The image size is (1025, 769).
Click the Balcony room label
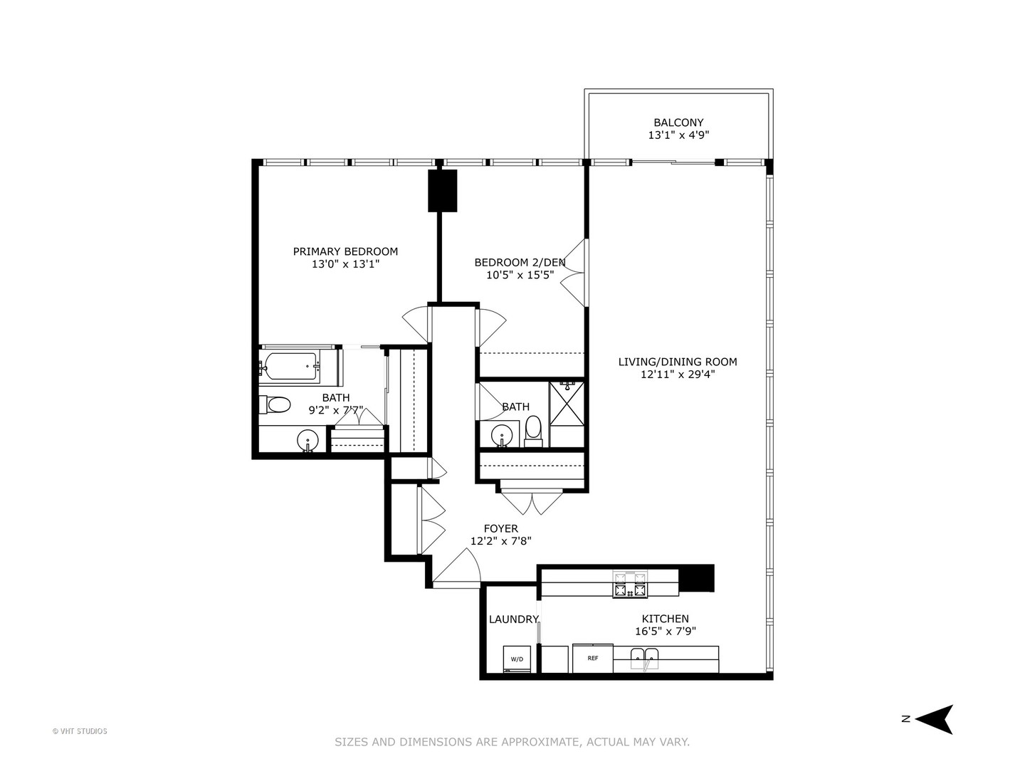coord(678,122)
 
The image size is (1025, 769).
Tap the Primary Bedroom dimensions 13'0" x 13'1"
coord(345,264)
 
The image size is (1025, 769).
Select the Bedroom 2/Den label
coord(520,262)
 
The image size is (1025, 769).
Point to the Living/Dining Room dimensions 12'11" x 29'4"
coord(677,374)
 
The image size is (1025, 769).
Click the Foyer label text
coord(500,528)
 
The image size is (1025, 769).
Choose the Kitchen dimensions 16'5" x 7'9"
coord(665,631)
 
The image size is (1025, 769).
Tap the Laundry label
coord(513,619)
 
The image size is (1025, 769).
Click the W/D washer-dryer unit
coord(517,659)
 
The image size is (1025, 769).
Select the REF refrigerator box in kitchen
coord(592,659)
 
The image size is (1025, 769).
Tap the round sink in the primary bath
coord(307,439)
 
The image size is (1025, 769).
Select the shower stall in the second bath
coord(567,403)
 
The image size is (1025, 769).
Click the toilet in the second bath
coord(533,431)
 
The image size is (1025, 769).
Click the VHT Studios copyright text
coord(80,731)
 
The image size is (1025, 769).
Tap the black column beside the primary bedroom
coord(442,190)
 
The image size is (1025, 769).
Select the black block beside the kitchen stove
coord(696,577)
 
